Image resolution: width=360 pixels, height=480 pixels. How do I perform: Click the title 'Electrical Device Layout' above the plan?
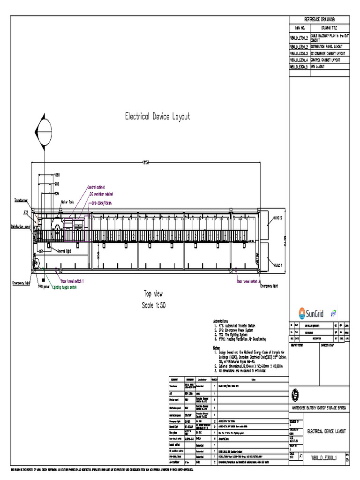(157, 117)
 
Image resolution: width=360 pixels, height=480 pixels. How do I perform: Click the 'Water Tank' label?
(67, 202)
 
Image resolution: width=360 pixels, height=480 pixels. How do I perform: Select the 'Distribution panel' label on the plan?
(21, 226)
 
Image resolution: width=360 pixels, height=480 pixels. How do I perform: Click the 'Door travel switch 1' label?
(70, 282)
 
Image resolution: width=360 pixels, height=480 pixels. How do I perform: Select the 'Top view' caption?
(153, 294)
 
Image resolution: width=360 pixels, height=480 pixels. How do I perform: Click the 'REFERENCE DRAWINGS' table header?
(320, 19)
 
